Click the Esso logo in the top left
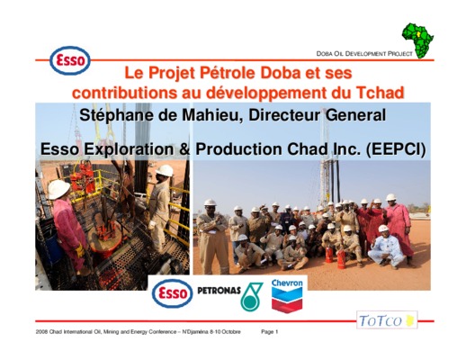tap(70, 60)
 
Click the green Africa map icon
tap(418, 40)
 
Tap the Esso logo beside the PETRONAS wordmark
tap(172, 293)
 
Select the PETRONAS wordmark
tap(219, 291)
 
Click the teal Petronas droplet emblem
tap(251, 296)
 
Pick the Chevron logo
tap(287, 296)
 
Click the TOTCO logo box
tap(387, 320)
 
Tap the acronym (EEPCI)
tap(396, 149)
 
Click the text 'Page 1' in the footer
tap(270, 332)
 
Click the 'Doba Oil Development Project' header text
tap(364, 54)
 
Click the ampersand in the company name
tap(184, 149)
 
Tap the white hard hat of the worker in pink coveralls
tap(58, 189)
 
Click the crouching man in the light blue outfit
tap(386, 246)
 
